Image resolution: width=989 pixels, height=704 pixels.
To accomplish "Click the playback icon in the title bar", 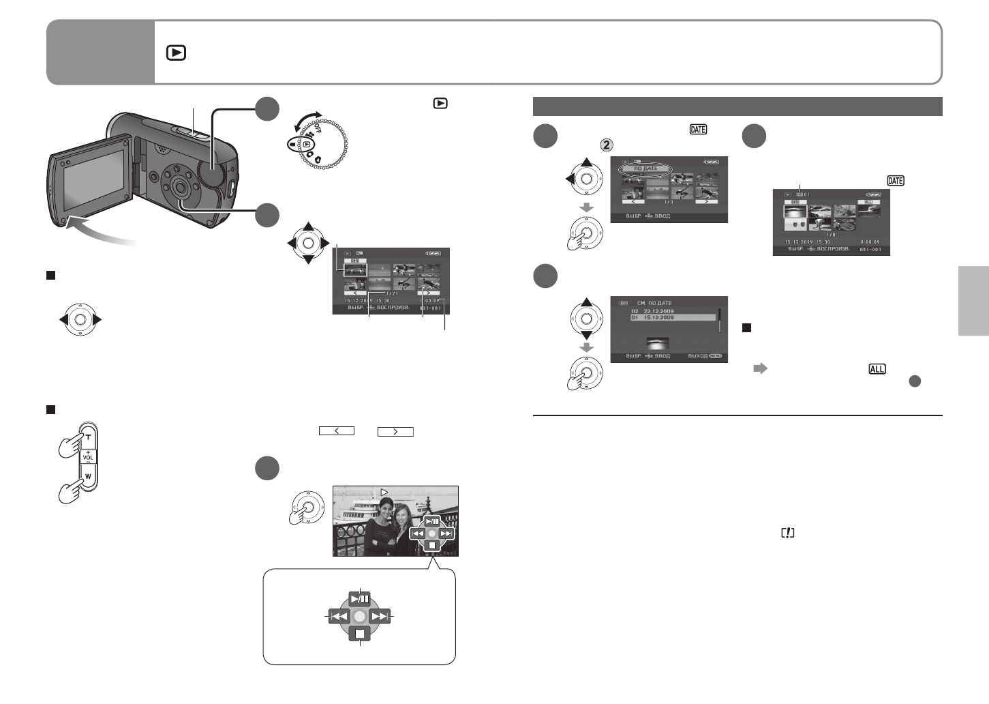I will [176, 53].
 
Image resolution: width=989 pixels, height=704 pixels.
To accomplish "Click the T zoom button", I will [88, 437].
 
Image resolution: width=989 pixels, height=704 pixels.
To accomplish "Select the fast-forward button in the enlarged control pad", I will [380, 616].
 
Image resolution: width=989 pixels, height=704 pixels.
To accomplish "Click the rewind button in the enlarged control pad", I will [339, 616].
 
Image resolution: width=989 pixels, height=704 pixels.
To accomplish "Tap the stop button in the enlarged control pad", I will [360, 634].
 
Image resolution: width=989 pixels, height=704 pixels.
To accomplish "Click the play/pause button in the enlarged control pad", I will [360, 600].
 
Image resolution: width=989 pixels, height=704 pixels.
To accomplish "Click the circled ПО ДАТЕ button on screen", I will [645, 168].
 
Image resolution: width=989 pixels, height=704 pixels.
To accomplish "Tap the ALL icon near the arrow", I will [877, 369].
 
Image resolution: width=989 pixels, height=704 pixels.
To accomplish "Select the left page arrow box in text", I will [336, 431].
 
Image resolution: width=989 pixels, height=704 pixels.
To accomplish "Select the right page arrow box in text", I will [395, 431].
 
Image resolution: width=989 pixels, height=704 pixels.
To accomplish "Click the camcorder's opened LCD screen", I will [93, 179].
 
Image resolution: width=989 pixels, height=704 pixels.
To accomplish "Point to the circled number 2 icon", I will [607, 145].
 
